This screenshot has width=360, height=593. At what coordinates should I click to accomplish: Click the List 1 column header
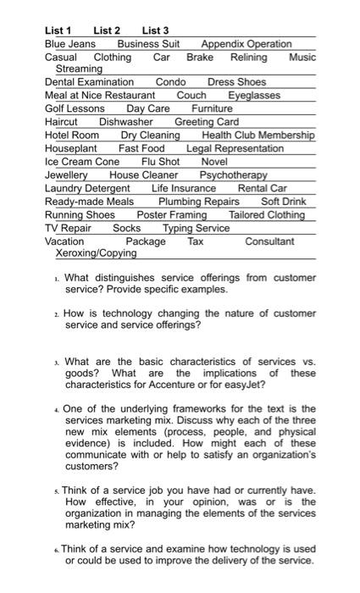coord(58,30)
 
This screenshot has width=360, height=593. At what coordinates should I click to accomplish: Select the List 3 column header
coord(156,30)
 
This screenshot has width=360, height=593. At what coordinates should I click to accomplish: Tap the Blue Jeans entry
coord(69,44)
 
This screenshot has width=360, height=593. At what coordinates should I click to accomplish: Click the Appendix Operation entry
coord(246,44)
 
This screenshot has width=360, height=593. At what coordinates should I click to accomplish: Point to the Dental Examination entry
coord(89,82)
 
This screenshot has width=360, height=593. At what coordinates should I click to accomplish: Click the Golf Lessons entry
coord(75,108)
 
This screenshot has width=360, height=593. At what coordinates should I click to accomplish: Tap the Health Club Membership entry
coord(258,135)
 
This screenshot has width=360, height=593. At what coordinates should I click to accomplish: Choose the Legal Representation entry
coord(235,148)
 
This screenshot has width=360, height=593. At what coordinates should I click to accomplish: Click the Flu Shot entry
coord(160,161)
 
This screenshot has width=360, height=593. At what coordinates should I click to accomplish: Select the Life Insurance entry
coord(184,188)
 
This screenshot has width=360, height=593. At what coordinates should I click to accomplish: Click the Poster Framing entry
coord(172,214)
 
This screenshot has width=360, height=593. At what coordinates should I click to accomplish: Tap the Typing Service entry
coord(197,228)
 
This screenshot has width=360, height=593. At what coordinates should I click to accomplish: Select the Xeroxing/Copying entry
coord(96,252)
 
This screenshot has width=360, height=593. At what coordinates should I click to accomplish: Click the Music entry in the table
coord(302,57)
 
